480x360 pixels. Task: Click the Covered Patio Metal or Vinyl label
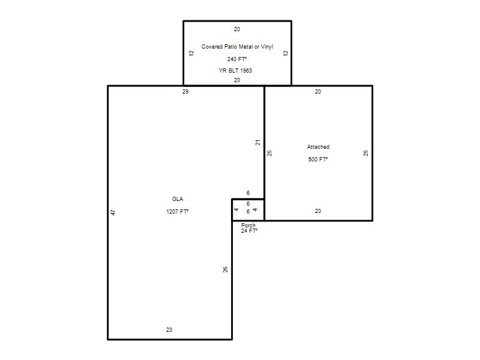pos(237,47)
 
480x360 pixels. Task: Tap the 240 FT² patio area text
pos(237,59)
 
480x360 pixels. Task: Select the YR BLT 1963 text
pos(235,70)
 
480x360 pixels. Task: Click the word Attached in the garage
pos(318,147)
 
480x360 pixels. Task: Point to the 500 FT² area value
pos(318,159)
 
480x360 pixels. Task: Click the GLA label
pos(178,199)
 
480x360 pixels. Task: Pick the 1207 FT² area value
pos(177,212)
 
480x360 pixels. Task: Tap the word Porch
pos(248,226)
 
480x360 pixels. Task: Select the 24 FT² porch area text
pos(249,231)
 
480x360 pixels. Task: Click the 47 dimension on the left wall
pos(113,212)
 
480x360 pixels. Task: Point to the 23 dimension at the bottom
pos(169,329)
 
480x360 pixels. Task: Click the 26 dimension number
pos(226,269)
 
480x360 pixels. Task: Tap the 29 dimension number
pos(185,92)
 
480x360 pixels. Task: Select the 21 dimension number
pos(258,142)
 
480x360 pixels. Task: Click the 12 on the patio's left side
pos(191,53)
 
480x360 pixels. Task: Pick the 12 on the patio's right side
pos(286,53)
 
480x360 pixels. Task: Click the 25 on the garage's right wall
pos(366,153)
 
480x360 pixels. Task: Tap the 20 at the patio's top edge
pos(237,29)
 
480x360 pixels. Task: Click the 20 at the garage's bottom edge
pos(318,211)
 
